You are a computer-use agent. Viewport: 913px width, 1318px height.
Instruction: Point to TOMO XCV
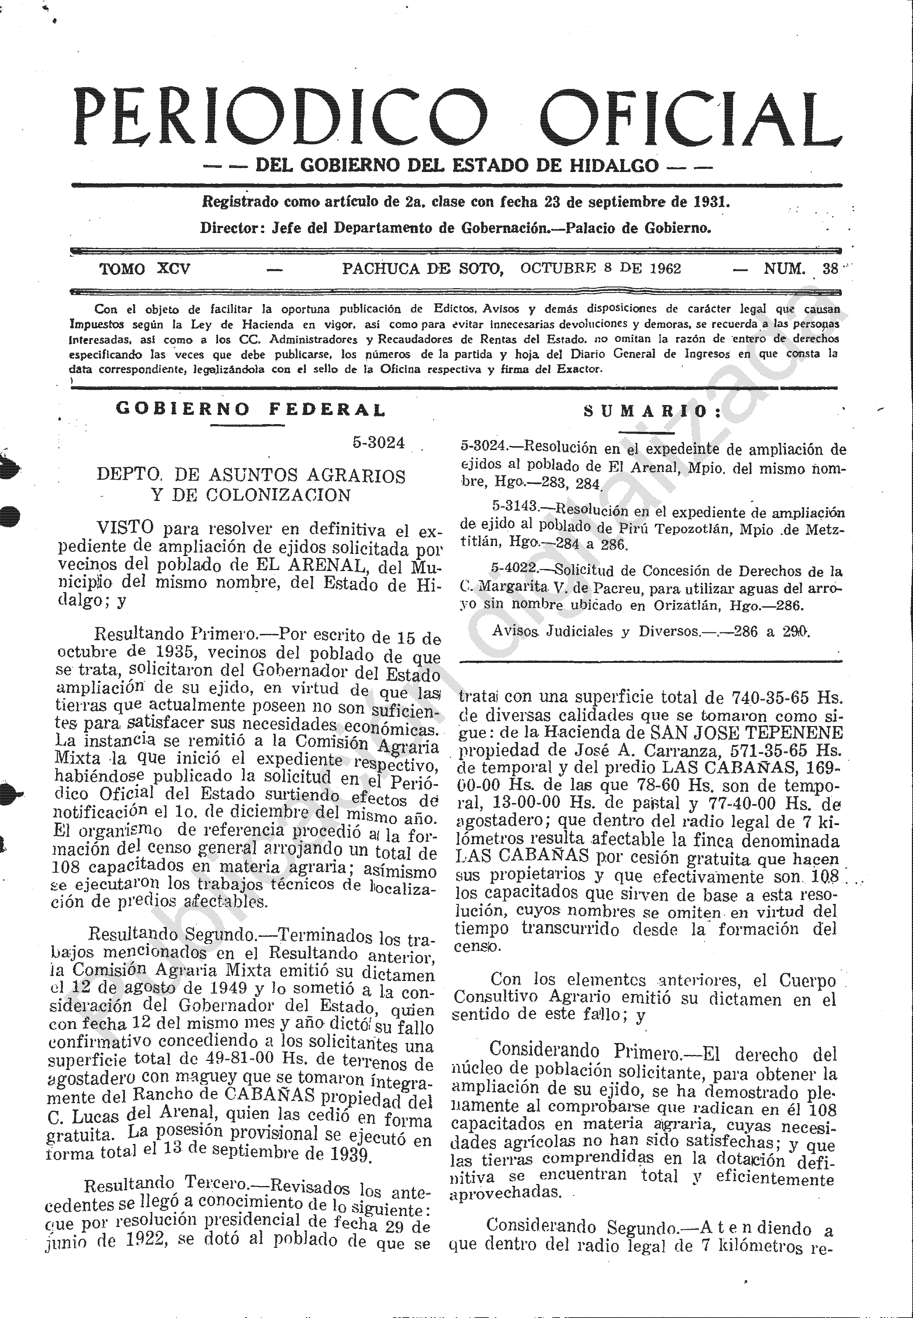(145, 269)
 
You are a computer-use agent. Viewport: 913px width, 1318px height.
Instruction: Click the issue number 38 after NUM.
(830, 269)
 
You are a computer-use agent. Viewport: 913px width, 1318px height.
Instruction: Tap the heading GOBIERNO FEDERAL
(251, 410)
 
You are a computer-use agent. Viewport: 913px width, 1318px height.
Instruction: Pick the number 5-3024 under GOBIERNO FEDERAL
(379, 443)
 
